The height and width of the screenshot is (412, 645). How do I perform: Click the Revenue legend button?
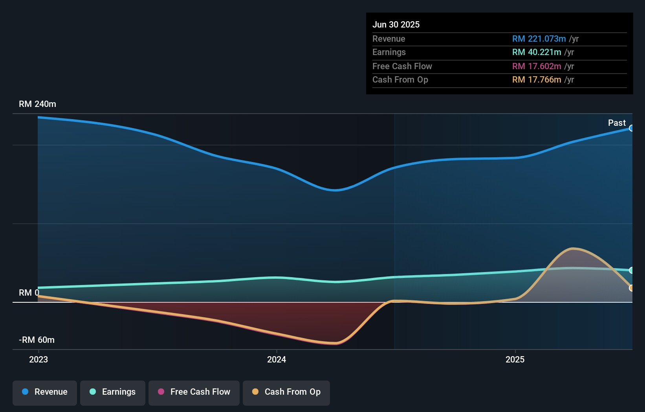(45, 392)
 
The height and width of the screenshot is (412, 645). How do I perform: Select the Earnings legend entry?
(113, 392)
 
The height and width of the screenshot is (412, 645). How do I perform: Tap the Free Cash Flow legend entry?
(194, 392)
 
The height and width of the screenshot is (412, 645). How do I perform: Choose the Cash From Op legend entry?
(286, 392)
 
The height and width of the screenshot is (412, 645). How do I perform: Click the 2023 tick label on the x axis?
(38, 359)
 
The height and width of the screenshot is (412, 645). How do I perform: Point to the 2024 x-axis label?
(277, 359)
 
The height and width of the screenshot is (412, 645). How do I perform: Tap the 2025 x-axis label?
(515, 359)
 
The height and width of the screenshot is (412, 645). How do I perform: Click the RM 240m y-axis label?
(37, 104)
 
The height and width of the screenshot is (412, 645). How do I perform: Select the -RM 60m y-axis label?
(37, 340)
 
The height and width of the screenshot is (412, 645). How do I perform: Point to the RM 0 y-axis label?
(29, 293)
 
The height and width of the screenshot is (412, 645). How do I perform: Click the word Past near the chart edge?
(617, 123)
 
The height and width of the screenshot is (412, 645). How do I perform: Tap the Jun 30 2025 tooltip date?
(396, 25)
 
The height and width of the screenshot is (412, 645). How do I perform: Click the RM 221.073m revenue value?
(539, 39)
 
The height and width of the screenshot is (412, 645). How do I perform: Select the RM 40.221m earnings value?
(537, 52)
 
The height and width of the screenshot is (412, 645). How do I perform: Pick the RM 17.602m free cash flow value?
(537, 66)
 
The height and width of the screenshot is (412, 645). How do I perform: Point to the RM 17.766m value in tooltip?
(537, 80)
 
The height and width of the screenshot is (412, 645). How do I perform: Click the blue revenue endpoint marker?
(631, 128)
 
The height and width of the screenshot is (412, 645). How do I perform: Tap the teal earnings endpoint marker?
(631, 270)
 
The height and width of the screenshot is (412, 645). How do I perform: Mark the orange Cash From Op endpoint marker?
(631, 288)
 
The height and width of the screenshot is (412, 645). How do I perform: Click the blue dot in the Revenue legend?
(25, 392)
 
